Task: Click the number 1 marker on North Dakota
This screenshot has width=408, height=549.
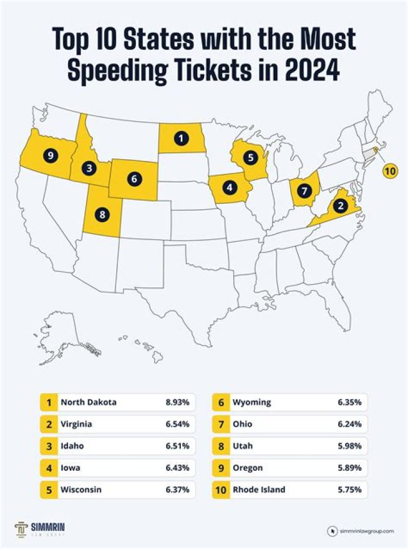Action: click(181, 138)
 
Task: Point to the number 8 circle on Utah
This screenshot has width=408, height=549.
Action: click(102, 215)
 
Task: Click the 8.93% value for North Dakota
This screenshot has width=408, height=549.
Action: click(178, 402)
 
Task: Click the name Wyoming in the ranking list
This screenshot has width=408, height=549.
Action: click(252, 402)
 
